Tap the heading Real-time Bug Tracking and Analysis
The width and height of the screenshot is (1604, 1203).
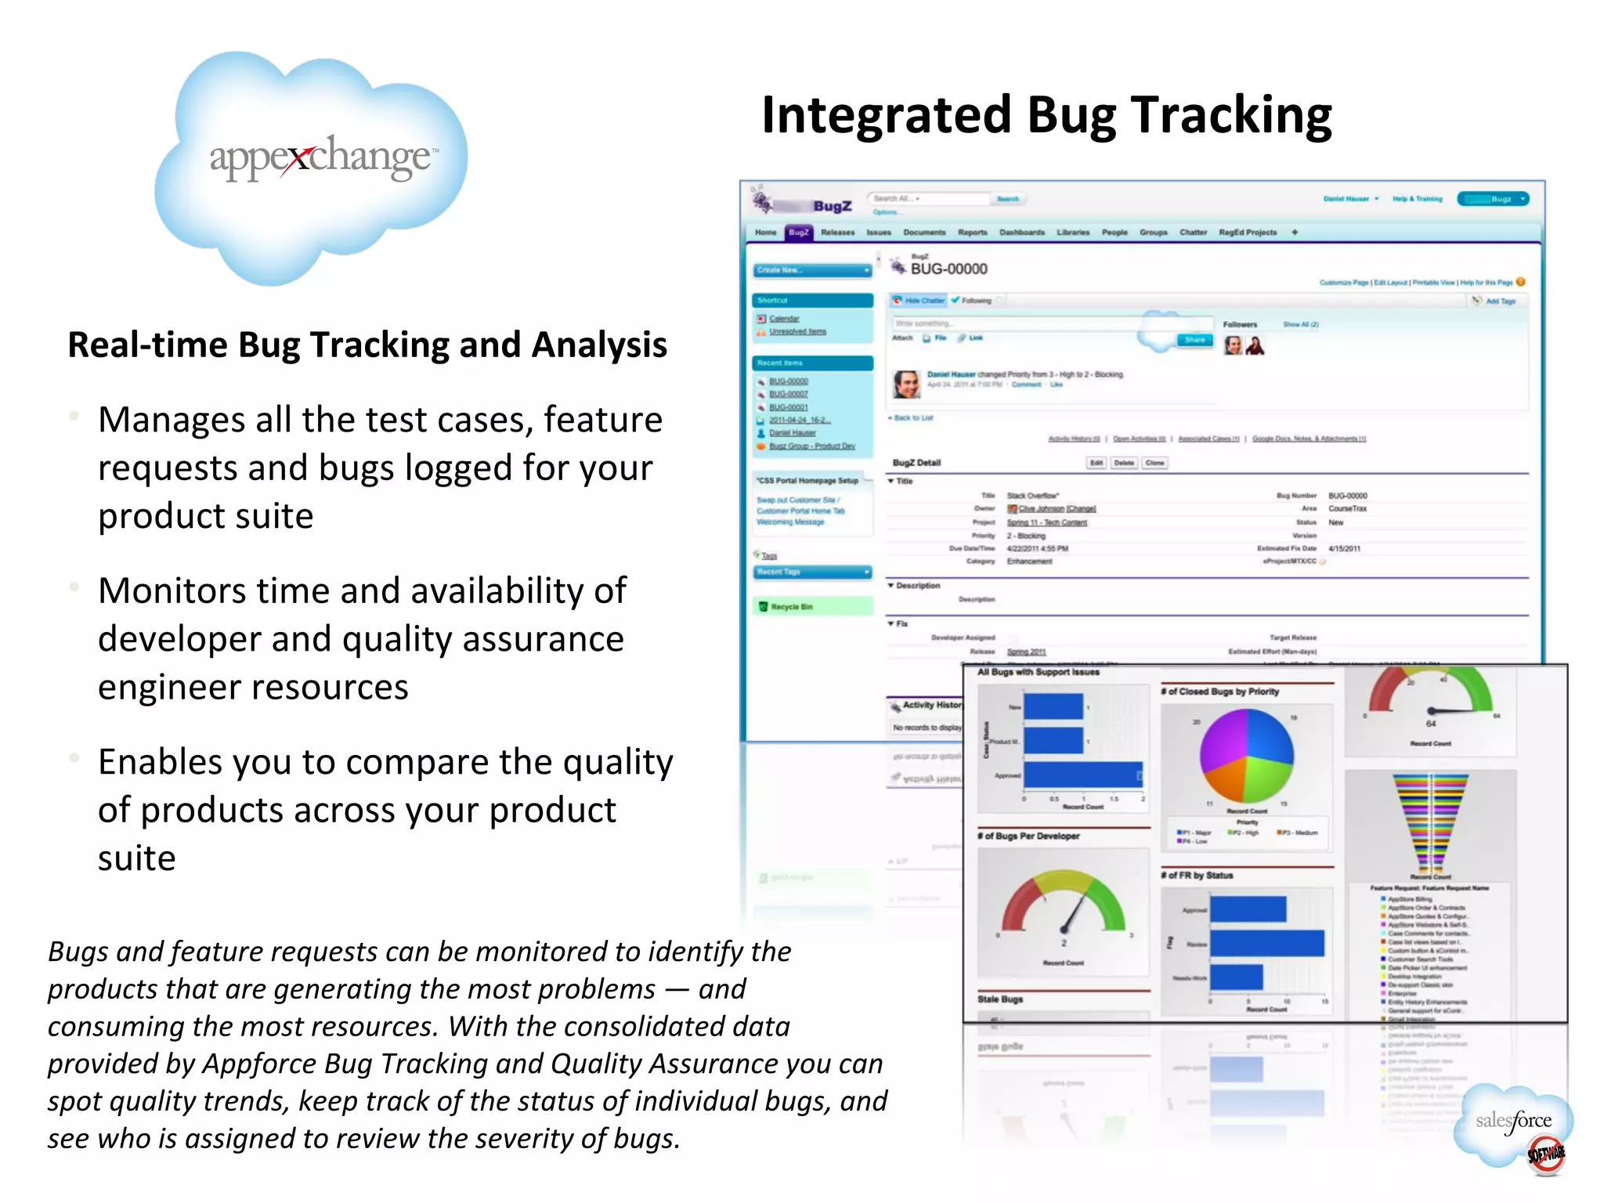click(x=367, y=345)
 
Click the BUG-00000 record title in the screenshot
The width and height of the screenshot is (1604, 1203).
click(x=948, y=269)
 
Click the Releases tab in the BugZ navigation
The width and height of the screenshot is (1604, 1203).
click(x=837, y=233)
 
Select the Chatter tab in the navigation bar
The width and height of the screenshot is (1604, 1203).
click(x=1193, y=233)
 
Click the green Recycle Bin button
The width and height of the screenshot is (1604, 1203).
click(x=812, y=606)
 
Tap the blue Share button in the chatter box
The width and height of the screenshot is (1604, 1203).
click(x=1194, y=340)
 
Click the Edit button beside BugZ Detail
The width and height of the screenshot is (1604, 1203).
click(x=1096, y=463)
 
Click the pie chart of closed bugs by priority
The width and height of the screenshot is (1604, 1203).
click(x=1246, y=756)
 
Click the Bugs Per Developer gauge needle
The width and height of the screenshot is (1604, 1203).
click(x=1071, y=915)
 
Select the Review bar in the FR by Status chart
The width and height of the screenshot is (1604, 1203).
click(x=1266, y=944)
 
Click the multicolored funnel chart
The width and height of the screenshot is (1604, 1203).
click(x=1430, y=822)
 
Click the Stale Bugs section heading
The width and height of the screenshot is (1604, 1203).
click(x=1000, y=999)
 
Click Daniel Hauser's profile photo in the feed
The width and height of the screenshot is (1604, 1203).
click(x=906, y=384)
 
